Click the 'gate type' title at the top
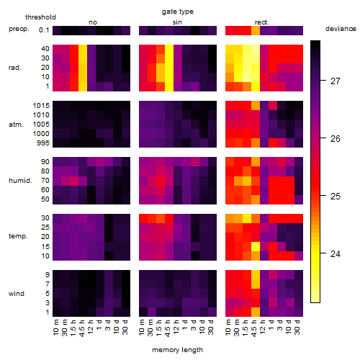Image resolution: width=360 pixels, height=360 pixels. tap(178, 12)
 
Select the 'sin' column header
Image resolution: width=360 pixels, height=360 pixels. tap(177, 22)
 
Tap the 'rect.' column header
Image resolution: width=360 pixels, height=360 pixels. tap(262, 22)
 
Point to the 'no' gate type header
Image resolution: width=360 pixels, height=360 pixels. tap(93, 22)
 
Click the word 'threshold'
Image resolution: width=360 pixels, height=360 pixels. tap(40, 17)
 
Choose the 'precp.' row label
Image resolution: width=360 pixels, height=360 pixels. tap(19, 30)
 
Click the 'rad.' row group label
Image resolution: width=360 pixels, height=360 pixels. tap(15, 68)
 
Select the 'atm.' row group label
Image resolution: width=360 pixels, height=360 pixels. tap(16, 125)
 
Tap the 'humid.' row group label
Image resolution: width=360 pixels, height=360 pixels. tap(20, 180)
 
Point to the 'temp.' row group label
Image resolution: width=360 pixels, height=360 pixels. tap(18, 236)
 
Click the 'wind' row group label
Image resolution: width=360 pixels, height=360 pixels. tap(17, 293)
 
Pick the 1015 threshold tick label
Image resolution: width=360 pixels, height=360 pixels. tap(41, 105)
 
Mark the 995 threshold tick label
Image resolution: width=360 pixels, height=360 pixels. tap(43, 143)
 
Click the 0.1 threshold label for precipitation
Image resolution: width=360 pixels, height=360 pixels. tap(44, 30)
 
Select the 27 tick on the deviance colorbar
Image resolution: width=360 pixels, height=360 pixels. tap(336, 81)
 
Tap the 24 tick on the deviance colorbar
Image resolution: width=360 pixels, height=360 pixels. tap(336, 254)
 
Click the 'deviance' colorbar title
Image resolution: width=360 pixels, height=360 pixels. tap(341, 29)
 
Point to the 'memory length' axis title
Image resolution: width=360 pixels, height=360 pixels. tap(178, 350)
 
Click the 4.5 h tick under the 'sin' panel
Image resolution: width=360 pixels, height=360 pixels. tap(168, 328)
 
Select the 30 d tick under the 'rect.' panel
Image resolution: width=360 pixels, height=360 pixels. tap(297, 327)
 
